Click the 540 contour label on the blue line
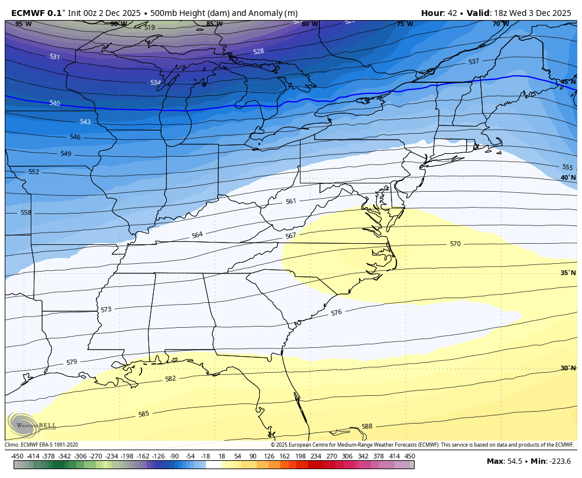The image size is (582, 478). click(x=54, y=104)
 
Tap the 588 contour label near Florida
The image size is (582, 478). click(x=367, y=427)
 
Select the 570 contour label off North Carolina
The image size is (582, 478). click(x=455, y=244)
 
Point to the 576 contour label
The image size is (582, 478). click(x=336, y=312)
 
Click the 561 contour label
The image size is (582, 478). click(x=290, y=201)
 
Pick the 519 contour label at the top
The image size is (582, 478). click(x=150, y=28)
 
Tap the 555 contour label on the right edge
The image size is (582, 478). click(x=567, y=167)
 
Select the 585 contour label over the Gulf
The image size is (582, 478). click(x=143, y=414)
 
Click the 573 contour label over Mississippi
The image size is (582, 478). click(x=106, y=309)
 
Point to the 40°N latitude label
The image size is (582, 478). click(x=567, y=177)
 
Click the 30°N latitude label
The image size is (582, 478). click(x=567, y=368)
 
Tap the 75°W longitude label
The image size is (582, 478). click(x=405, y=24)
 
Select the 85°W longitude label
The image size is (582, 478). click(x=214, y=24)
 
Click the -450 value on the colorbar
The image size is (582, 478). click(x=17, y=456)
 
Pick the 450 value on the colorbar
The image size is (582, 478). click(x=409, y=456)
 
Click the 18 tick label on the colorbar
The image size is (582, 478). click(x=221, y=456)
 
